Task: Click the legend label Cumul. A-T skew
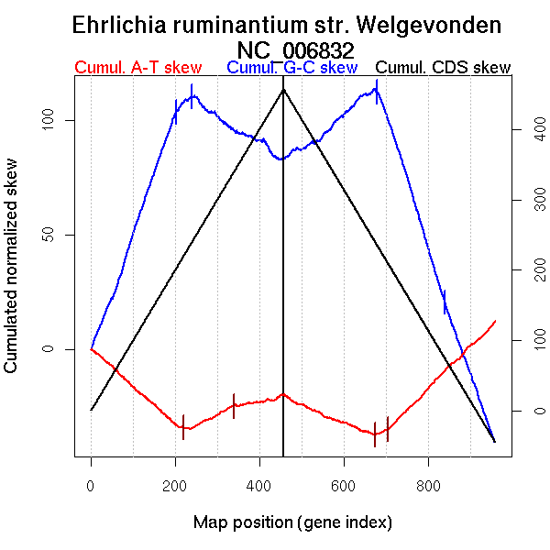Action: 137,68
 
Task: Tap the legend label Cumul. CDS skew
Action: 445,68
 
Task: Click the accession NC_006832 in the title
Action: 295,49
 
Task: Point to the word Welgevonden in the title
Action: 432,26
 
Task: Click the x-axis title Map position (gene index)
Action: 292,522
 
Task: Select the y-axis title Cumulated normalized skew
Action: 12,277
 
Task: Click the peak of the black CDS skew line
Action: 283,88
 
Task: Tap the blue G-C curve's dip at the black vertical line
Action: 282,159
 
